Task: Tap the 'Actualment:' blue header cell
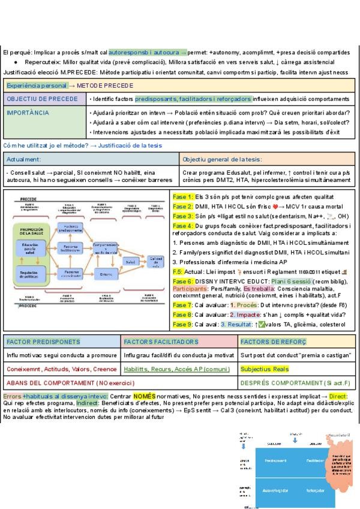pyautogui.click(x=91, y=159)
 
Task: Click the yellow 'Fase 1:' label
pyautogui.click(x=182, y=197)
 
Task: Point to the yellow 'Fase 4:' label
pyautogui.click(x=182, y=224)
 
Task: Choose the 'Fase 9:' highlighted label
pyautogui.click(x=182, y=324)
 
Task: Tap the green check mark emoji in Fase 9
pyautogui.click(x=262, y=324)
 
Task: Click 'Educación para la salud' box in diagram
pyautogui.click(x=30, y=248)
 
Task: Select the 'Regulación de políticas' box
pyautogui.click(x=30, y=274)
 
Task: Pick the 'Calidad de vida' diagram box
pyautogui.click(x=155, y=261)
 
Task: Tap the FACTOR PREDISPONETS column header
pyautogui.click(x=43, y=342)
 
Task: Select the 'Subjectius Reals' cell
pyautogui.click(x=260, y=369)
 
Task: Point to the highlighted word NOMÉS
pyautogui.click(x=144, y=397)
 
